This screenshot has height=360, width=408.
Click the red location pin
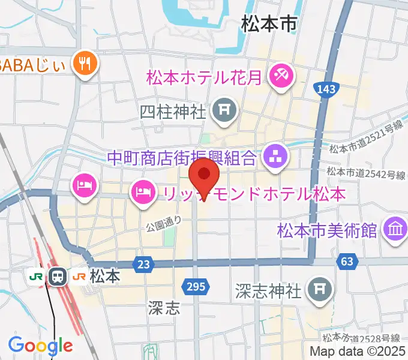204,175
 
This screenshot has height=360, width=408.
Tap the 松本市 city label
269,24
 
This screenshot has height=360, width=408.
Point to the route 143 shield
325,89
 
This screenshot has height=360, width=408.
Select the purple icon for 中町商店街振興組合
275,158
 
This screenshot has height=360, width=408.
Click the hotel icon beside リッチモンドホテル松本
142,193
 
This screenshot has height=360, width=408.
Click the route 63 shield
346,262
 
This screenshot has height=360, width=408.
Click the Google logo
40,346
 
